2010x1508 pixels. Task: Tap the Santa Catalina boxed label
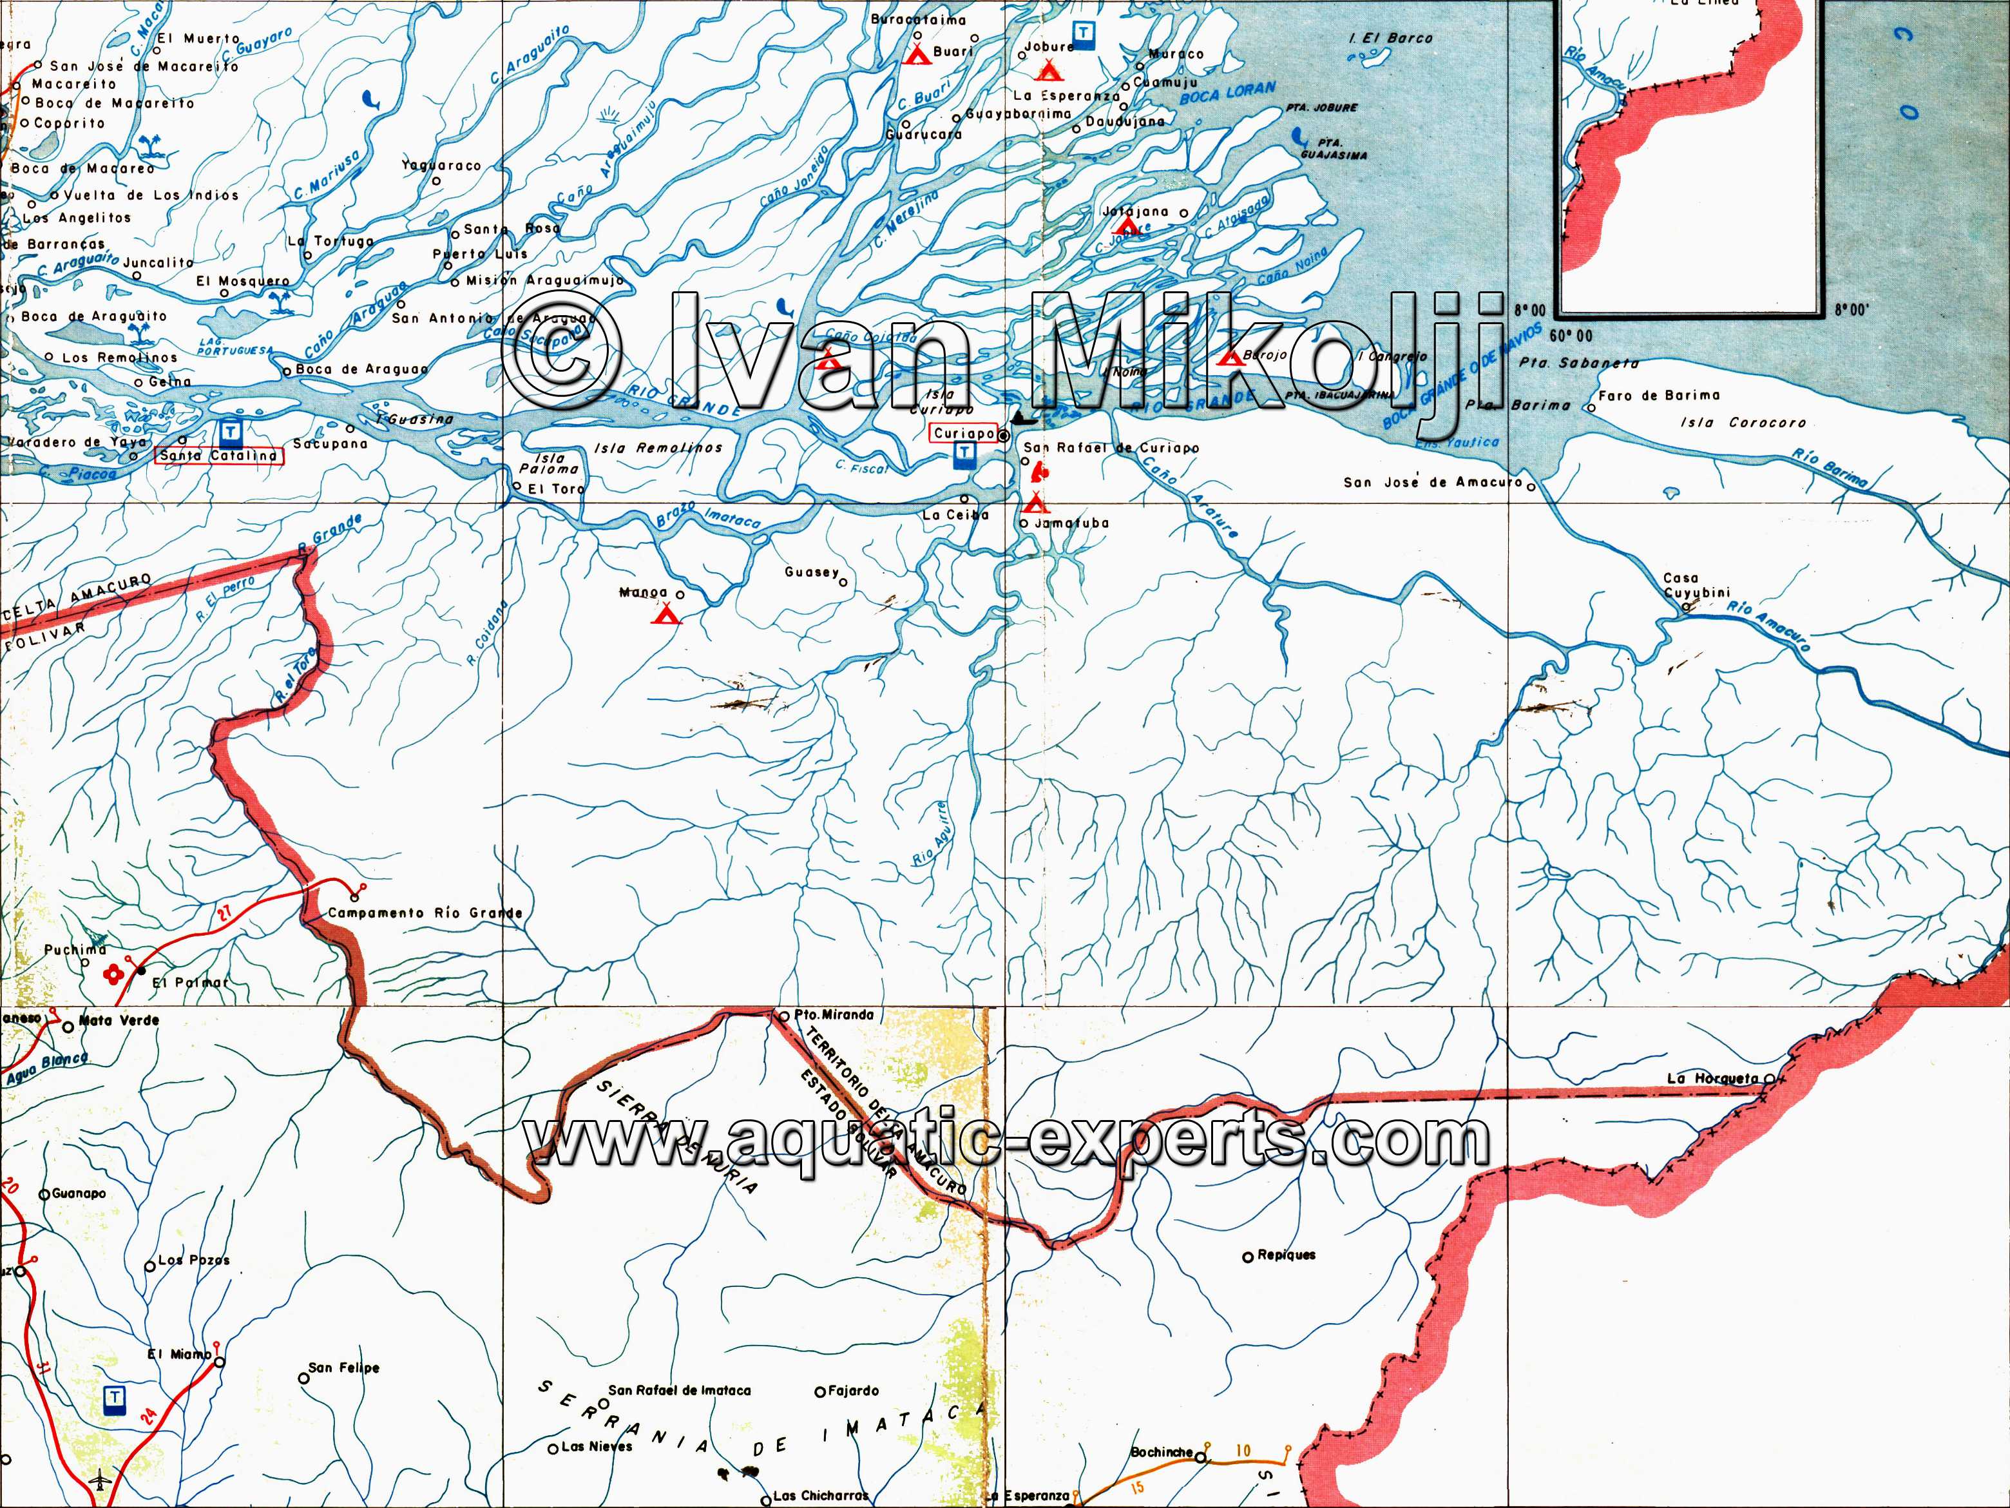(218, 456)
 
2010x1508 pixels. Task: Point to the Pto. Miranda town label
(833, 1014)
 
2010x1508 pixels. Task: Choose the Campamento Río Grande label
(425, 913)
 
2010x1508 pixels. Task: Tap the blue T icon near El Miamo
(115, 1397)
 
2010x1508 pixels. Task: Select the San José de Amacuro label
(1433, 483)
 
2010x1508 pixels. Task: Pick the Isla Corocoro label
(1743, 423)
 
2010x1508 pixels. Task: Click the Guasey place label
(812, 573)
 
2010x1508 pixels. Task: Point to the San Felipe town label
(343, 1368)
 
